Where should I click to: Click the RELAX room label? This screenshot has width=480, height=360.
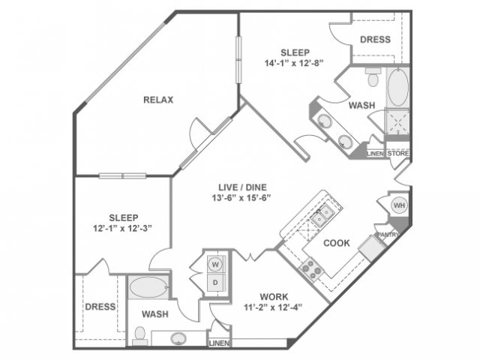pos(158,100)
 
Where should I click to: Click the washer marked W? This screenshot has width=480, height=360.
pos(214,265)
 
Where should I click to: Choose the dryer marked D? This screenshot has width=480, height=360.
pos(214,281)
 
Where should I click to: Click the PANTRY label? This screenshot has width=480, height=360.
pos(388,234)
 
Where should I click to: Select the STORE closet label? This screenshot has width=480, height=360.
pos(398,154)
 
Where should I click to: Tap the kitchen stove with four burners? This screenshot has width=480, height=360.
pos(311,268)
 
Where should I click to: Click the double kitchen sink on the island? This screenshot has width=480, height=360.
pos(322,217)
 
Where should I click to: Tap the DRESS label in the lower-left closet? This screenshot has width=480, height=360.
pos(100,307)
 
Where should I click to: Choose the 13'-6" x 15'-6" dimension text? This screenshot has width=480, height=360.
pos(240,199)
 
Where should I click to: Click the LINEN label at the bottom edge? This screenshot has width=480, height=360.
pos(218,343)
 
